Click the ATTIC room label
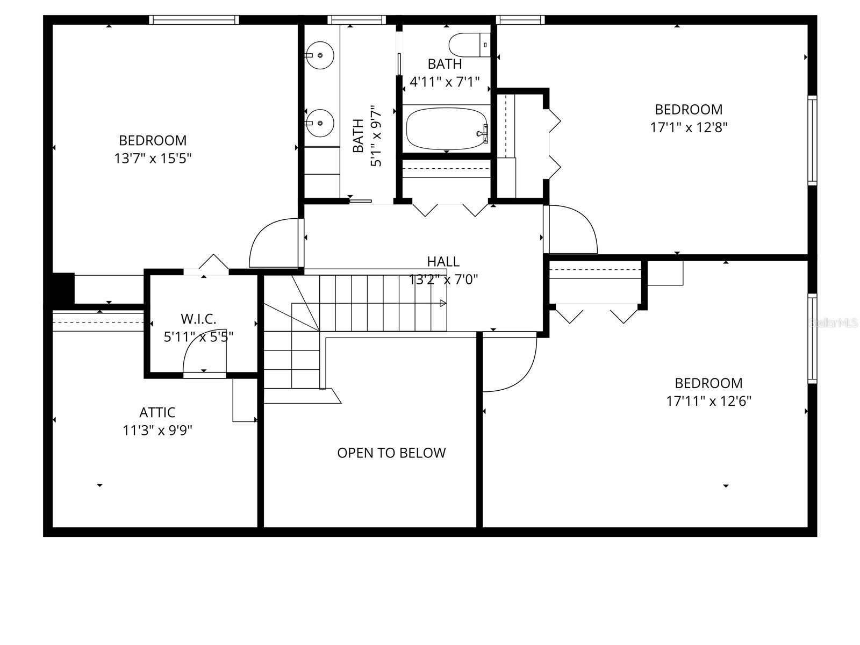point(157,412)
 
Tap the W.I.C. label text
point(198,319)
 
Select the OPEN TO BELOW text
point(391,453)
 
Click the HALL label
point(443,261)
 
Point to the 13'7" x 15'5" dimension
point(153,159)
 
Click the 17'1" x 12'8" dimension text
point(689,127)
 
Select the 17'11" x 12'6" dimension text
point(708,401)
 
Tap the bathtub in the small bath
point(446,129)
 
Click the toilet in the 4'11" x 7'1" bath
point(470,45)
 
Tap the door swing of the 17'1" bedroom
point(573,228)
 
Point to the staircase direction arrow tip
point(445,303)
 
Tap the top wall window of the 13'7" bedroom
point(193,20)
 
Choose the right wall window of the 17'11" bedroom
point(812,339)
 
